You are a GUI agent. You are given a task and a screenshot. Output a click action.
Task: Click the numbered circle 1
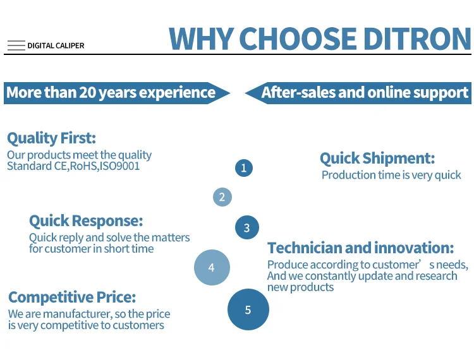pos(244,168)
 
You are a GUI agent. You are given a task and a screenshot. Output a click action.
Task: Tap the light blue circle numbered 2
pos(222,197)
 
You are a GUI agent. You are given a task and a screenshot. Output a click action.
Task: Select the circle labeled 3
pos(247,227)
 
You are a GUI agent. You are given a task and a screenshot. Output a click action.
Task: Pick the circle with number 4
pos(212,267)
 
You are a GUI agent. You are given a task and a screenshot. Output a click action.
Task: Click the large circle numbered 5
pos(248,309)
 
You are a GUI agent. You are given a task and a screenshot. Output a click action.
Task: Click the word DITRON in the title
pos(417,39)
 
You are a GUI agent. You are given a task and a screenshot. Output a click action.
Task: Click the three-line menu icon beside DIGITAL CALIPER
pos(16,45)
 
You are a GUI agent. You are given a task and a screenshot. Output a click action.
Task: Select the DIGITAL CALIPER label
pos(56,45)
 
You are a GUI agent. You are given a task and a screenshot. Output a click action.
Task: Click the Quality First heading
pos(51,138)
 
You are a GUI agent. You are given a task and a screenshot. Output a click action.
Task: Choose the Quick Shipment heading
pos(377,159)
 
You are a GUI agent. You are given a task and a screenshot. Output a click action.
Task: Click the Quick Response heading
pos(86,221)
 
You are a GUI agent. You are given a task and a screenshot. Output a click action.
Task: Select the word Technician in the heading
pos(305,248)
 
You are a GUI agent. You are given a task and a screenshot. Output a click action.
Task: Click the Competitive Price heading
pos(72,297)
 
